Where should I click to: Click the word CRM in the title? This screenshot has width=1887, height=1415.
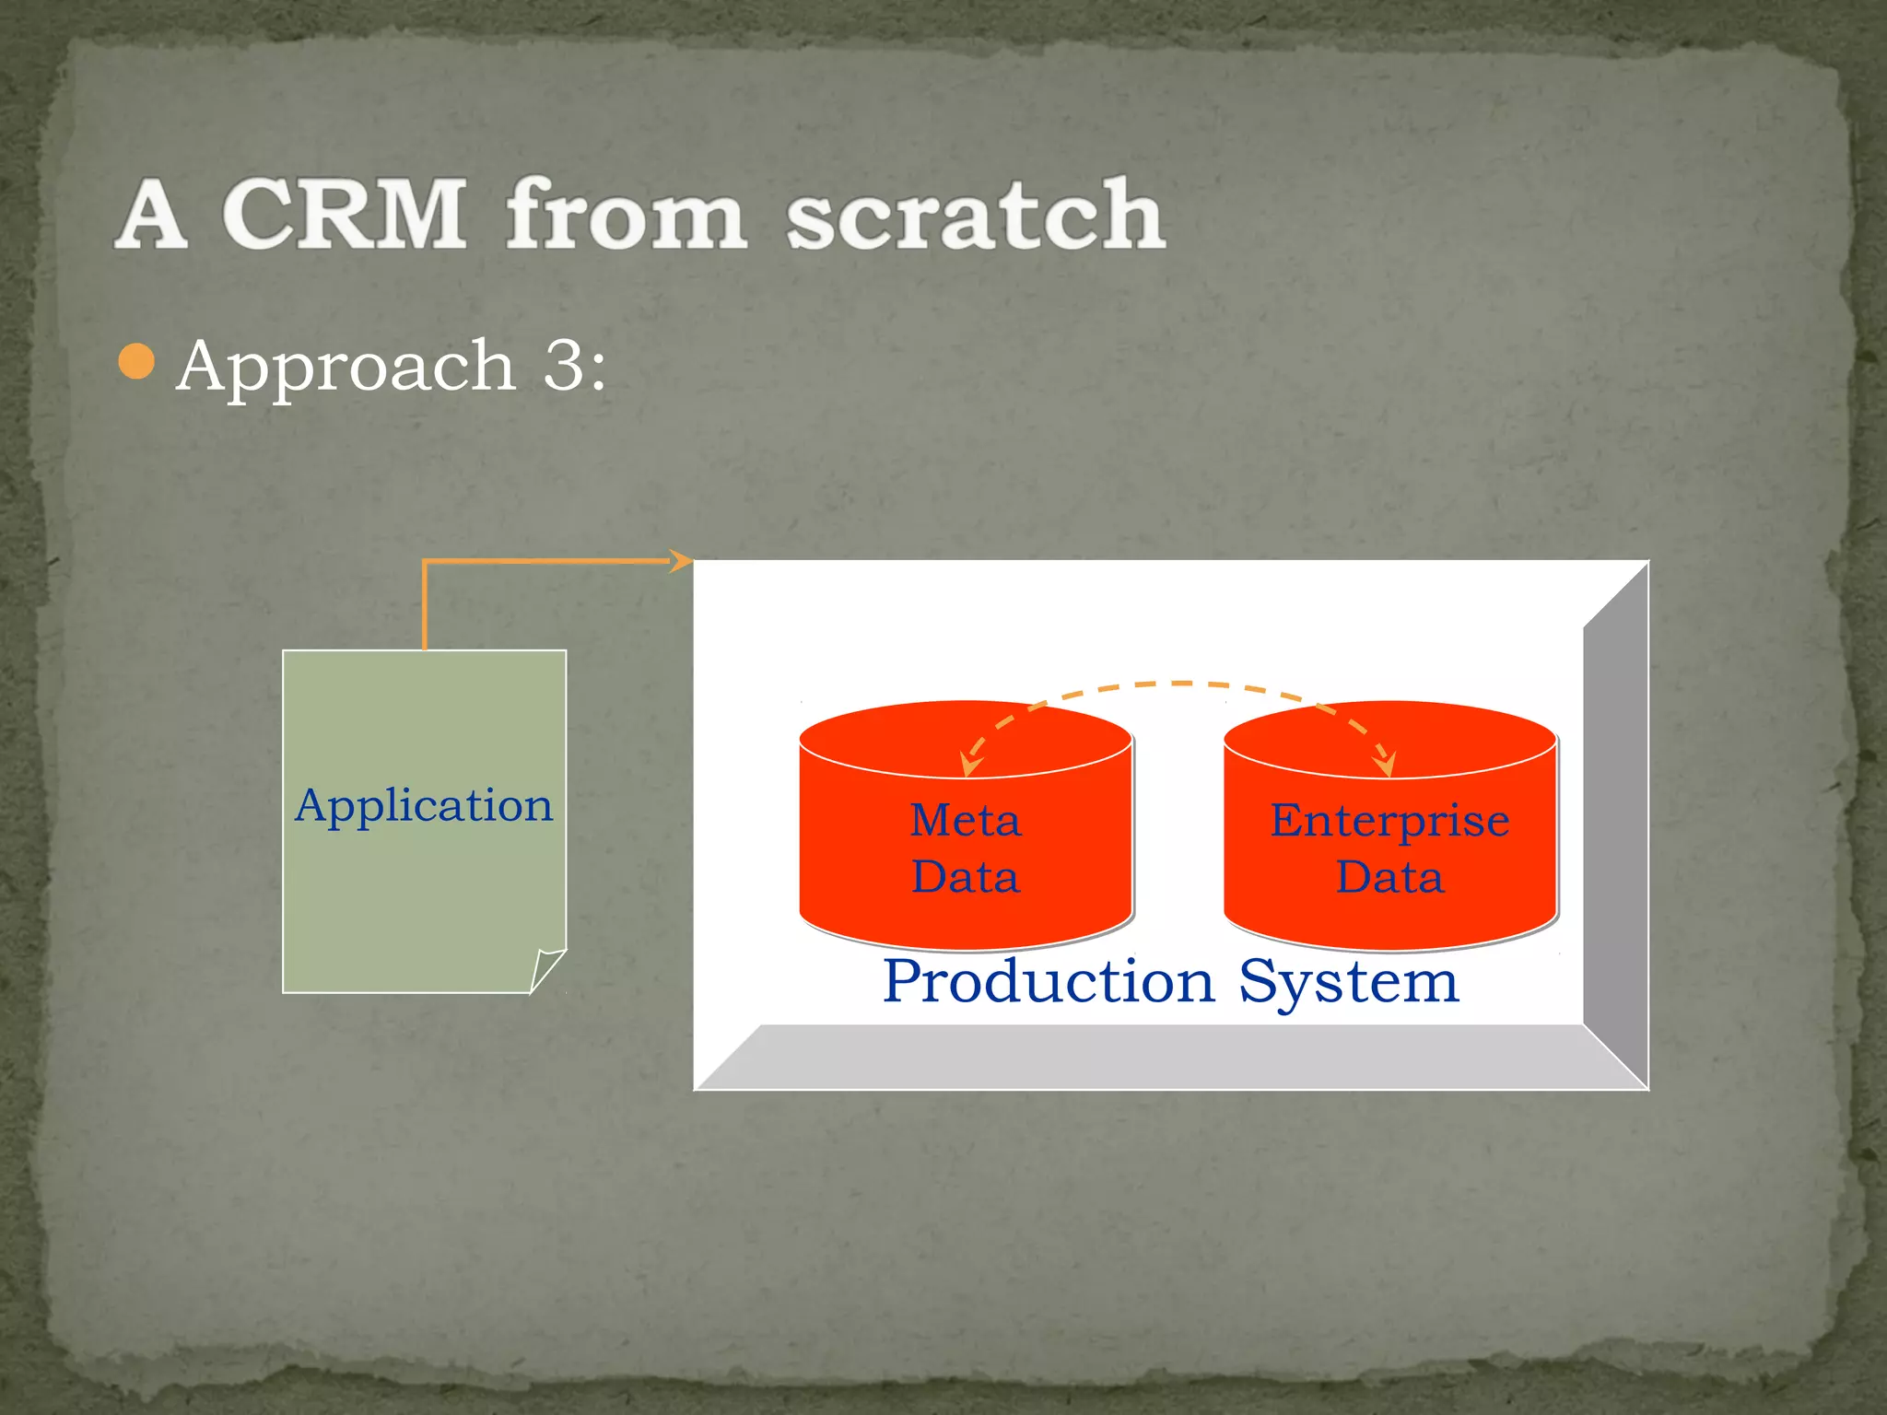click(x=345, y=214)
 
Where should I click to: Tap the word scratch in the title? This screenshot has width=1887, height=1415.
click(x=976, y=214)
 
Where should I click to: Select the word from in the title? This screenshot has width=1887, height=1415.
click(x=626, y=214)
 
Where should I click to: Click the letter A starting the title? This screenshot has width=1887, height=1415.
click(x=152, y=216)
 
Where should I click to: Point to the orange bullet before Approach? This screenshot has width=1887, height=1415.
click(x=136, y=362)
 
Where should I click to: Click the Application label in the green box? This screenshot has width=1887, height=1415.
click(x=424, y=806)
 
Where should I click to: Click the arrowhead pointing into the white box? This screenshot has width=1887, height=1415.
click(x=681, y=560)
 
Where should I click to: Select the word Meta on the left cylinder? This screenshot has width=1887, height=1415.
click(x=966, y=820)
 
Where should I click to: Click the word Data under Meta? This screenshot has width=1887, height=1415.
click(x=966, y=876)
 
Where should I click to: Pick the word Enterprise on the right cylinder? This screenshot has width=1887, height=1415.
click(x=1389, y=820)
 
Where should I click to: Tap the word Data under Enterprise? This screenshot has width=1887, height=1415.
click(x=1389, y=876)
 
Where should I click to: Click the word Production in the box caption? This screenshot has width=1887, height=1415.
click(x=1049, y=982)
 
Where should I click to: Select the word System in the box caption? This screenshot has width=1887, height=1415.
click(x=1349, y=982)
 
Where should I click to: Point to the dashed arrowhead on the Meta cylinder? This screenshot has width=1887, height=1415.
click(x=970, y=764)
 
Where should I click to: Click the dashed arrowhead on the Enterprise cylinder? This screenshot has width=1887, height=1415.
click(x=1385, y=764)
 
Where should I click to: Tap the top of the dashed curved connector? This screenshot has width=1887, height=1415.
click(x=1179, y=684)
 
